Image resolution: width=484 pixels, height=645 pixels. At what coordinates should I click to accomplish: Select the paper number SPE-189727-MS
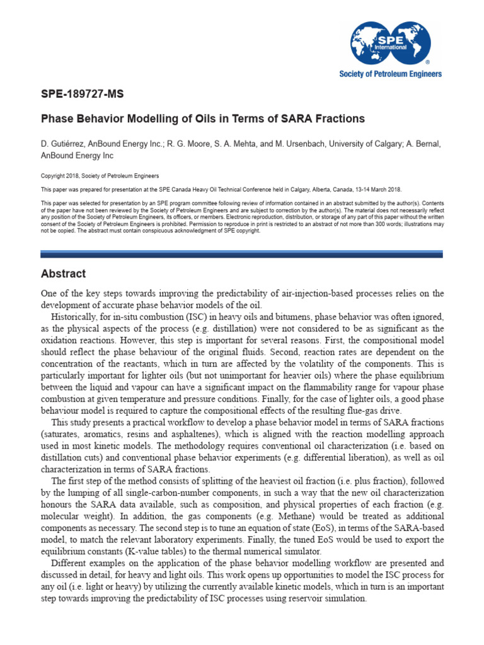click(x=82, y=95)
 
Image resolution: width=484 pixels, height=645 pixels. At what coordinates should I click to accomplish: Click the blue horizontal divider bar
click(x=241, y=254)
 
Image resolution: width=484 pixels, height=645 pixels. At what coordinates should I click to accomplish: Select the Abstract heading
click(x=63, y=274)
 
